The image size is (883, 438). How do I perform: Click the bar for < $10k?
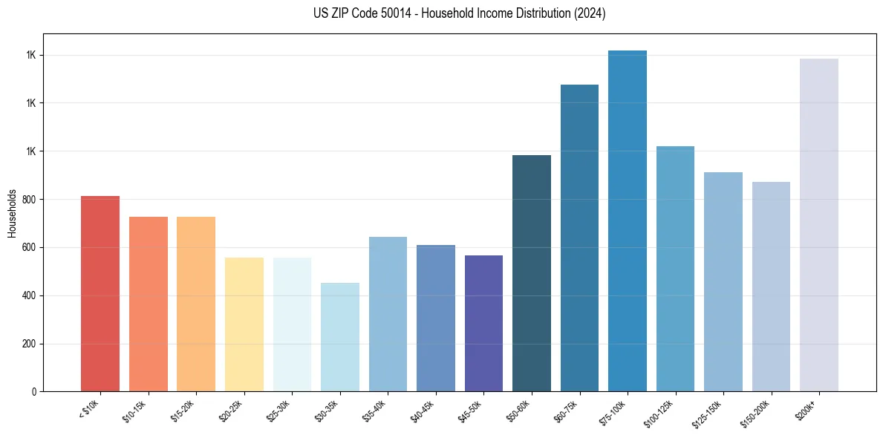click(x=100, y=293)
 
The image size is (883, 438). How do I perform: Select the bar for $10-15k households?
click(x=148, y=304)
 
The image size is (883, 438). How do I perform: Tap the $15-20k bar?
click(x=196, y=304)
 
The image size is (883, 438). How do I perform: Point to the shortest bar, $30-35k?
click(x=340, y=337)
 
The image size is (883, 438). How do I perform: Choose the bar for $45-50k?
click(x=483, y=323)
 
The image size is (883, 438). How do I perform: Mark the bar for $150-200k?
click(x=771, y=287)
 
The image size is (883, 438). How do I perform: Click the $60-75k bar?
click(x=579, y=238)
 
